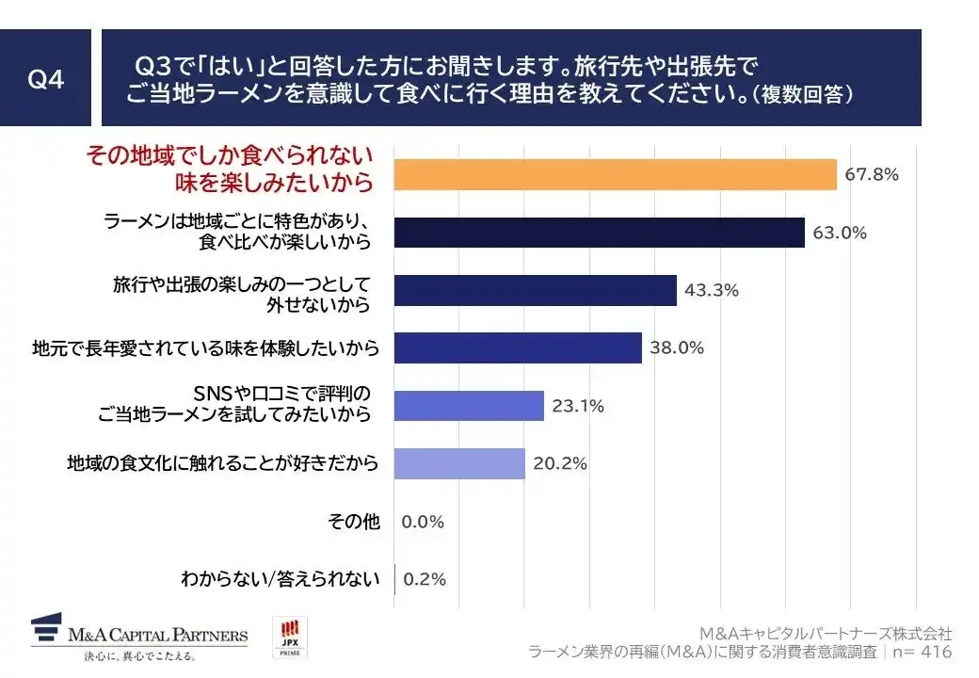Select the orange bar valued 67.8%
pyautogui.click(x=615, y=174)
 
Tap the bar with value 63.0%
pyautogui.click(x=599, y=233)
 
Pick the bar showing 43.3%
pyautogui.click(x=535, y=290)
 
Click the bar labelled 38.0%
pyautogui.click(x=518, y=347)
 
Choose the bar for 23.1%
pyautogui.click(x=469, y=406)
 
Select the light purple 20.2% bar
pyautogui.click(x=459, y=463)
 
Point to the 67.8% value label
pyautogui.click(x=872, y=174)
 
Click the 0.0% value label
pyautogui.click(x=423, y=522)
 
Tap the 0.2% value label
pyautogui.click(x=424, y=579)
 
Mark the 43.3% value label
pyautogui.click(x=711, y=290)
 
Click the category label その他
pyautogui.click(x=354, y=522)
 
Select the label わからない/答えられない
pyautogui.click(x=281, y=579)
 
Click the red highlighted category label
pyautogui.click(x=231, y=168)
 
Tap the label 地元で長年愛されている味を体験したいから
pyautogui.click(x=205, y=348)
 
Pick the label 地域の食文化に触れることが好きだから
pyautogui.click(x=223, y=463)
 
